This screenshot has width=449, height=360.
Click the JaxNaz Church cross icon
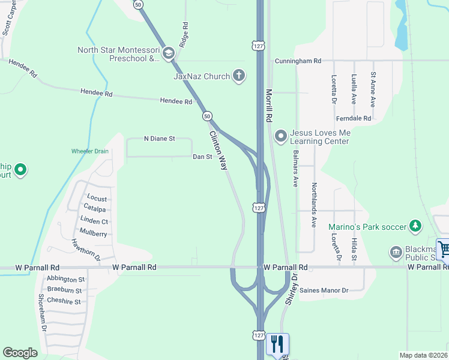(x=239, y=76)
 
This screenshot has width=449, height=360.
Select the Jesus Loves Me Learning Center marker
(x=280, y=137)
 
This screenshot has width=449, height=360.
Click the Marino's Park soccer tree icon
(x=414, y=226)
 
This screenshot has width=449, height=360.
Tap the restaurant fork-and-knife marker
(x=277, y=344)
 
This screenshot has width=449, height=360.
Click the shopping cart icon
(x=443, y=248)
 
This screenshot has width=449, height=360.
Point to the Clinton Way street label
(x=218, y=151)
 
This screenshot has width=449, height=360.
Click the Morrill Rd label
(x=270, y=104)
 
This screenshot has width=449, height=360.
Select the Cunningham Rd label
(x=298, y=61)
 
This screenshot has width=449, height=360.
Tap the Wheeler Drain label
(x=90, y=151)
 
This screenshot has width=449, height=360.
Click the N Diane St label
(x=159, y=139)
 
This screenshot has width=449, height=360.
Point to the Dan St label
(x=202, y=157)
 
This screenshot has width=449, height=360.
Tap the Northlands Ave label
(x=313, y=212)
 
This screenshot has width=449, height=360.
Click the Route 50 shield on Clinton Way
(x=206, y=116)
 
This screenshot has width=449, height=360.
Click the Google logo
(x=20, y=353)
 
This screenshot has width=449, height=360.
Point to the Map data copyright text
(x=423, y=355)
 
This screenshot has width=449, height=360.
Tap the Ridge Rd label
(x=184, y=35)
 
